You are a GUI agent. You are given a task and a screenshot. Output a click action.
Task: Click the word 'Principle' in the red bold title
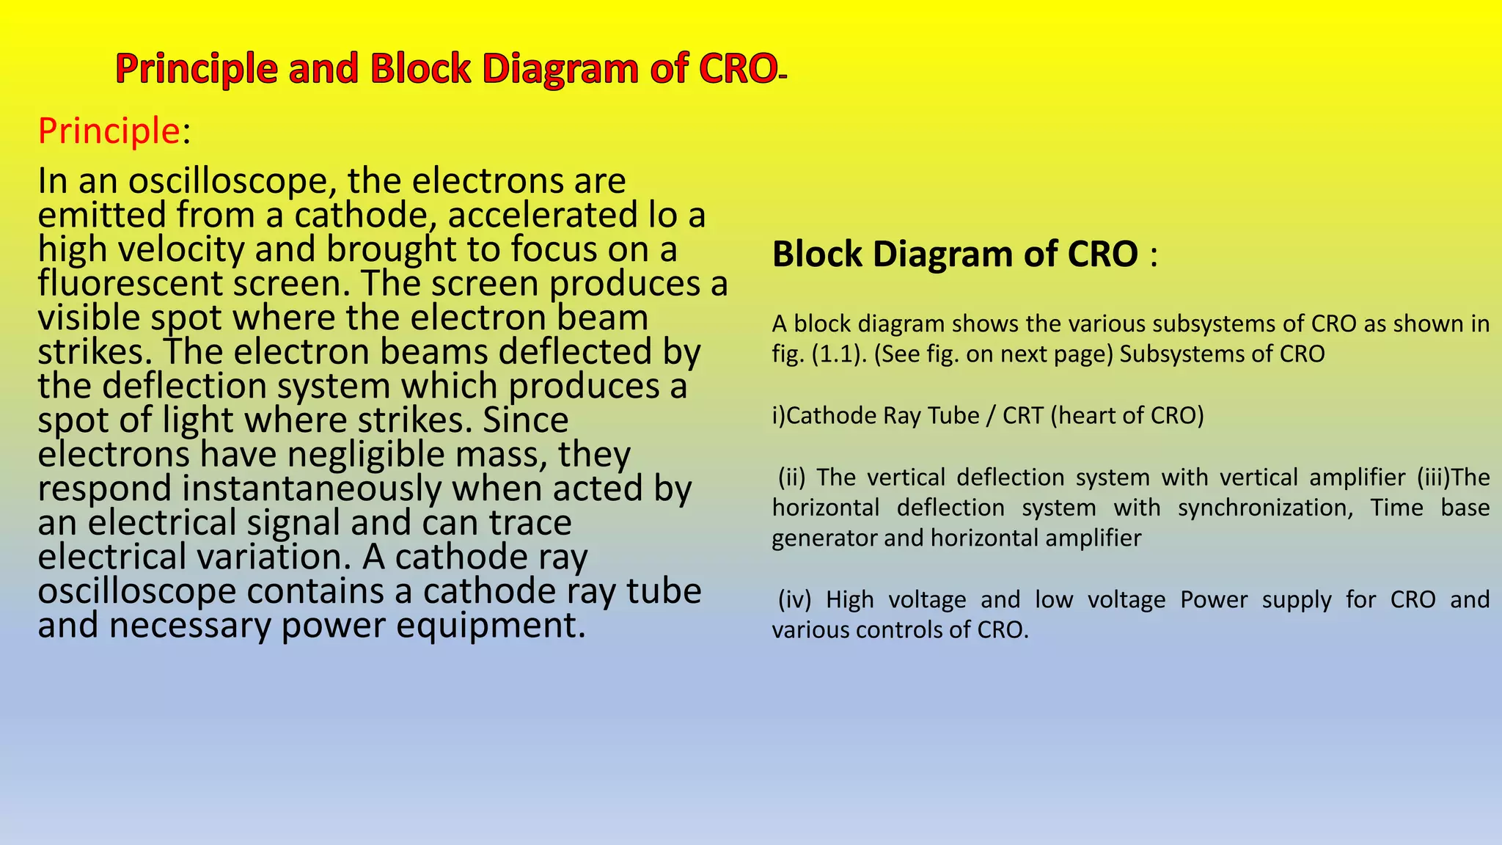click(196, 70)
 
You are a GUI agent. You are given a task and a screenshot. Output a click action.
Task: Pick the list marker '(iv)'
click(794, 600)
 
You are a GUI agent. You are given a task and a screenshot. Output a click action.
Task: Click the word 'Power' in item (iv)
click(1214, 600)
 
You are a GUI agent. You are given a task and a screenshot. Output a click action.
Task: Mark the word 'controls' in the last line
click(891, 630)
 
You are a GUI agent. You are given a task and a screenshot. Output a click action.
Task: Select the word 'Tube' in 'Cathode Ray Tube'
click(953, 416)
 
